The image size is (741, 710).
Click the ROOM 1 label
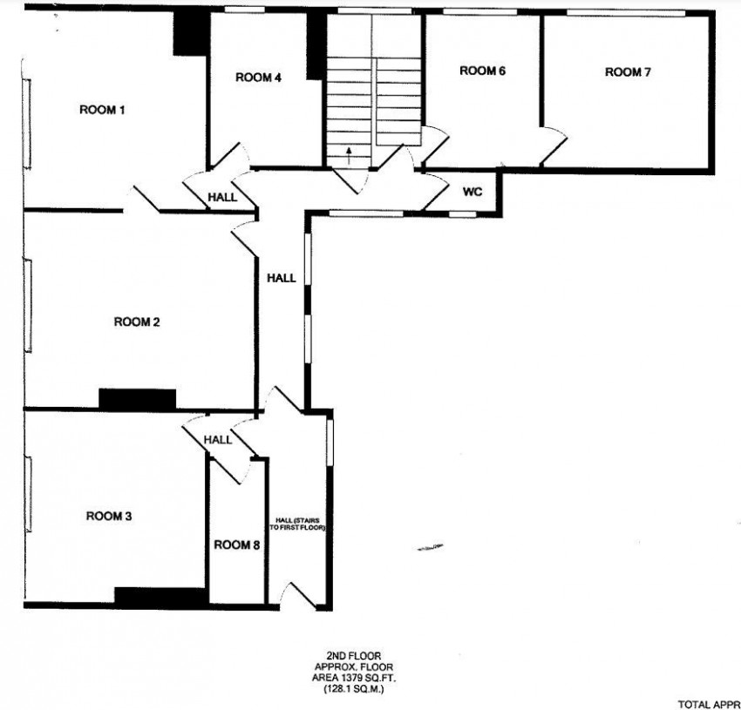click(x=103, y=110)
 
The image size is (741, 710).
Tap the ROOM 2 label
click(x=137, y=322)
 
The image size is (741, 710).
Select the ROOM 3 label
click(x=109, y=517)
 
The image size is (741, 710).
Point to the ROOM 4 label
click(x=258, y=78)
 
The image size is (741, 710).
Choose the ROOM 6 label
click(x=483, y=71)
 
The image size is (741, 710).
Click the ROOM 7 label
click(x=628, y=72)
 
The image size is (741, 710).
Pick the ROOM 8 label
click(x=237, y=545)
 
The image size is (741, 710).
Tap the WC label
click(x=472, y=191)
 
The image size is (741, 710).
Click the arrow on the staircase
click(x=349, y=154)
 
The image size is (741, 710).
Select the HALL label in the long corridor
click(x=281, y=279)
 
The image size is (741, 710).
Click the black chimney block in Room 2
click(x=137, y=399)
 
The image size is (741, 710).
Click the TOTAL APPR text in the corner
click(x=708, y=701)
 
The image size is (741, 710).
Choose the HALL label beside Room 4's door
click(x=222, y=199)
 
